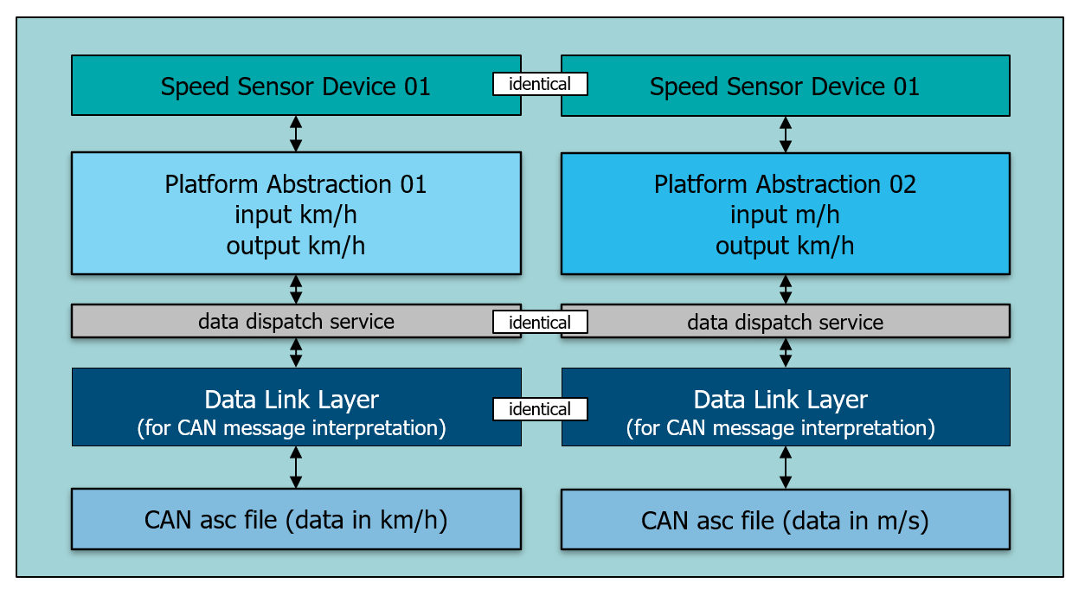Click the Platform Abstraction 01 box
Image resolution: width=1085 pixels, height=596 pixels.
point(296,213)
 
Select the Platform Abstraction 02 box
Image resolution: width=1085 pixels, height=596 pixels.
point(785,213)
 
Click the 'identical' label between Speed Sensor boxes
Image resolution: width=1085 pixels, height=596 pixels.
point(540,84)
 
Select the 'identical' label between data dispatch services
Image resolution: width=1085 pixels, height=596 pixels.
point(540,322)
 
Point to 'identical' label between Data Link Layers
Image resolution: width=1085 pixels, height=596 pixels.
point(540,409)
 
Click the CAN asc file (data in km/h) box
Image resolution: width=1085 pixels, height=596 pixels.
point(296,519)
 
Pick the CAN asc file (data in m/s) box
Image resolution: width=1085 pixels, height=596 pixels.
point(785,520)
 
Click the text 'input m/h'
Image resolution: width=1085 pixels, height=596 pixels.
point(785,214)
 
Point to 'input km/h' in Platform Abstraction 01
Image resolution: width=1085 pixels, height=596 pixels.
point(296,214)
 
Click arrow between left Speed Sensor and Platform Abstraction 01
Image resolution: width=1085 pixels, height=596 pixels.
point(296,133)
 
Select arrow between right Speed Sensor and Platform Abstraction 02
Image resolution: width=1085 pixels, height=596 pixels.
point(786,134)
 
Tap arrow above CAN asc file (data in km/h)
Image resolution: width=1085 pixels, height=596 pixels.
point(296,467)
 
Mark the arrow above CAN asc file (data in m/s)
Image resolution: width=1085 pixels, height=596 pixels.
point(786,467)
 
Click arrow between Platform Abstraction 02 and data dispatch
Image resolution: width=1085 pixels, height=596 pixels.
point(786,289)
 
